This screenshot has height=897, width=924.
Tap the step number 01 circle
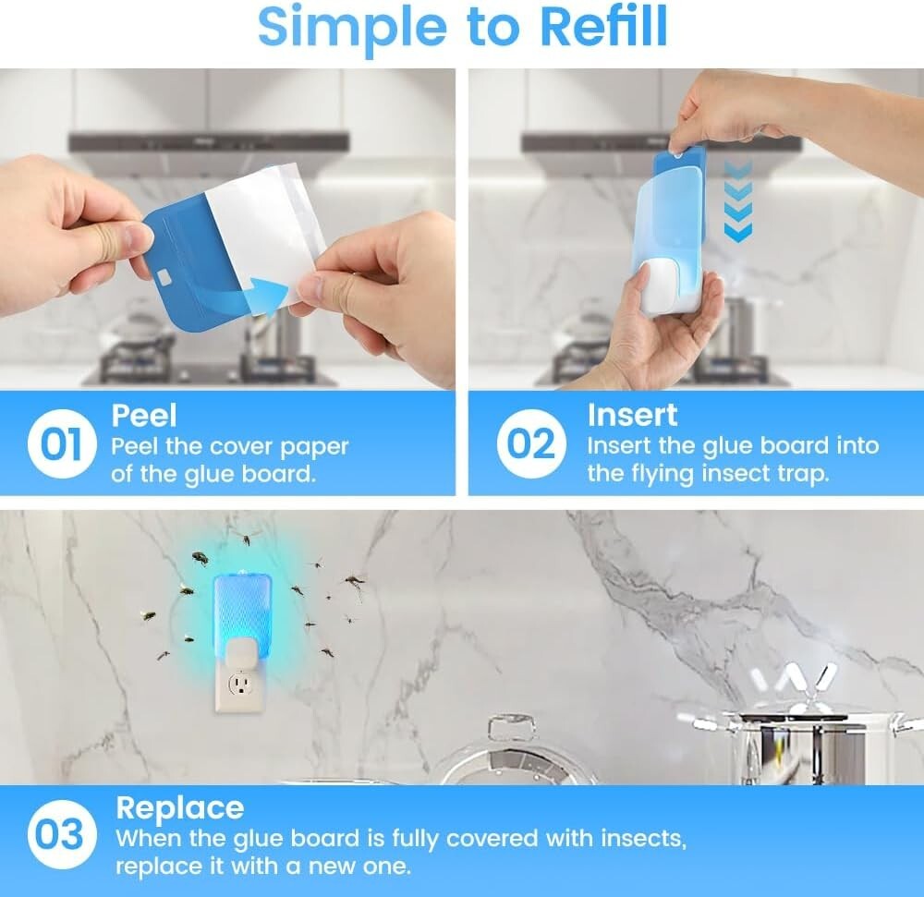click(61, 444)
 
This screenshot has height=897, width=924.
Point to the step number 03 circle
click(60, 836)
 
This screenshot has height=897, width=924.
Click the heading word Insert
click(632, 415)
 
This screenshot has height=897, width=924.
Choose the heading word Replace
click(179, 807)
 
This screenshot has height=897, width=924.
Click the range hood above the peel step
click(209, 142)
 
